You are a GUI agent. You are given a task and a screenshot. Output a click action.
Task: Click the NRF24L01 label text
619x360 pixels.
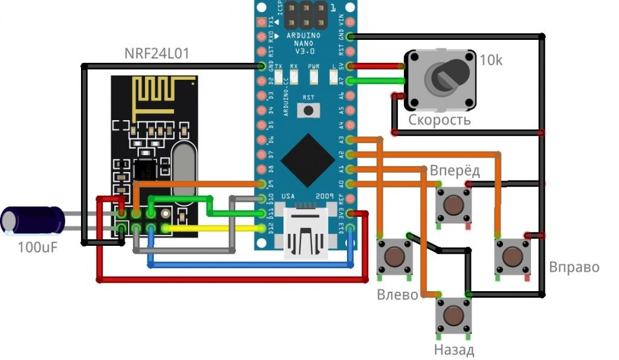pos(157,54)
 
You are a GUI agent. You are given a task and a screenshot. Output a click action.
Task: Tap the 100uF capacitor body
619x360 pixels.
pos(34,220)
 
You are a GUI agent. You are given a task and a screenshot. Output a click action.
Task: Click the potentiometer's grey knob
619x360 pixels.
pos(446,76)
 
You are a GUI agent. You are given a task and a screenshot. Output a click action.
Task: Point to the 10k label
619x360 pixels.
pos(490,60)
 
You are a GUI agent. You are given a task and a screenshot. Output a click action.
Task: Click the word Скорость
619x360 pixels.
pos(439,120)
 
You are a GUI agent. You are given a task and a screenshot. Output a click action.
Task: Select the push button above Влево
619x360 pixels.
pos(394,256)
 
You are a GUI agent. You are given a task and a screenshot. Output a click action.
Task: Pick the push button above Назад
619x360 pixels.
pos(453,315)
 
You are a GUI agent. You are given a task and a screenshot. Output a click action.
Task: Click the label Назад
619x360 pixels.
pos(453,350)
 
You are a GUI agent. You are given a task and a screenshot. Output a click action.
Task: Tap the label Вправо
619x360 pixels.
pos(574,266)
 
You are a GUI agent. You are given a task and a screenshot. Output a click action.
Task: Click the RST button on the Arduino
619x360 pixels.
pos(309,110)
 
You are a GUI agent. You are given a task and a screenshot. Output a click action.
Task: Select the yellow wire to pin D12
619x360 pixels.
pos(212,228)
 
